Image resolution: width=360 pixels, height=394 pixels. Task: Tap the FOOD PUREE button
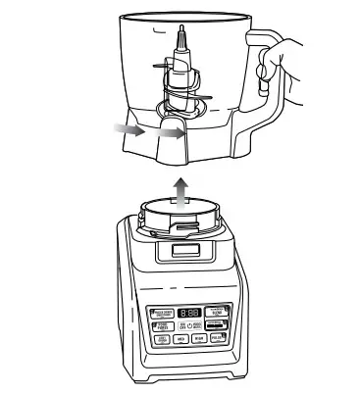tap(163, 325)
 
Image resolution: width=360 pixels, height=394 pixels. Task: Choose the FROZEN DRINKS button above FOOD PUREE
tap(163, 312)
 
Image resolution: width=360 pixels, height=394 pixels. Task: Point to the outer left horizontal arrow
tap(128, 127)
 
